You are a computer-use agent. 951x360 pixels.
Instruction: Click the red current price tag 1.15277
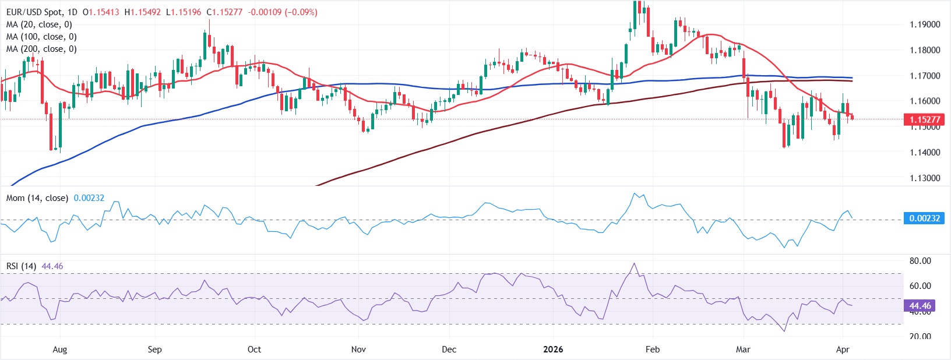pos(924,119)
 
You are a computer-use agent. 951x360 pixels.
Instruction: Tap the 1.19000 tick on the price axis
pos(925,24)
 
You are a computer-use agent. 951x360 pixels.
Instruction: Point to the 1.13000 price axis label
pos(925,178)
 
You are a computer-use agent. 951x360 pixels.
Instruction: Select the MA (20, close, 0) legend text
pos(39,24)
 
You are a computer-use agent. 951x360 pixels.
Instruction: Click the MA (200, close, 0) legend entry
pos(41,49)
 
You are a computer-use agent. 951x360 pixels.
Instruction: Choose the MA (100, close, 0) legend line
pos(41,37)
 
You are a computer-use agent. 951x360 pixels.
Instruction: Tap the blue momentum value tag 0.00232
pos(924,218)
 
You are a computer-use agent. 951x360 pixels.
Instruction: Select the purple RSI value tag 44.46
pos(920,306)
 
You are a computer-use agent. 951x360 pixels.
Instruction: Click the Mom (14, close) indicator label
pos(37,198)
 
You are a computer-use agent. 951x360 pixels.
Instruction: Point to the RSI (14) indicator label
pos(21,266)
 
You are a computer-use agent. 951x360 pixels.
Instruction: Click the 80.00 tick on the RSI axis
pos(920,261)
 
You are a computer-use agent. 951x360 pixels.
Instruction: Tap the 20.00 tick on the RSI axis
pos(920,336)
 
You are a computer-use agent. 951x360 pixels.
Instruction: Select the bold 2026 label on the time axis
pos(553,350)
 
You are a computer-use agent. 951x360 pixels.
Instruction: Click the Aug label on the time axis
pos(59,350)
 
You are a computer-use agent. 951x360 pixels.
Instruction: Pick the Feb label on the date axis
pos(653,350)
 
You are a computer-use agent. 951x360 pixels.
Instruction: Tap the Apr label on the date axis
pos(843,350)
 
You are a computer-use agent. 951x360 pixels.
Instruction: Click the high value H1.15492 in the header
pos(142,12)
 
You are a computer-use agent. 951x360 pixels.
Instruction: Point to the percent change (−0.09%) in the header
pos(301,12)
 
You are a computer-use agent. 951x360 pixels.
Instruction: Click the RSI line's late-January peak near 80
pos(634,264)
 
